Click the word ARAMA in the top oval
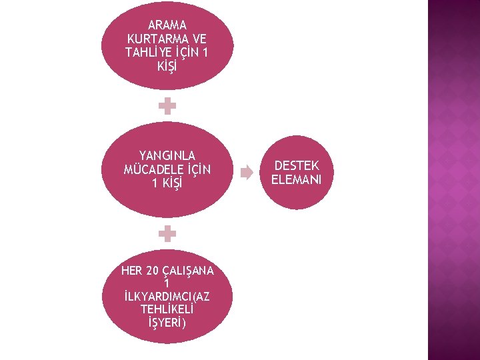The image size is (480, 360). pyautogui.click(x=167, y=25)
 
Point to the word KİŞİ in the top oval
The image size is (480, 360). pyautogui.click(x=167, y=65)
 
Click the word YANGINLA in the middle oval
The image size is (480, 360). pyautogui.click(x=167, y=156)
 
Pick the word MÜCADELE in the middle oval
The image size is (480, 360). pyautogui.click(x=151, y=169)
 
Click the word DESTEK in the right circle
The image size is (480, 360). pyautogui.click(x=297, y=165)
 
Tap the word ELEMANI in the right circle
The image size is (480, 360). pyautogui.click(x=297, y=179)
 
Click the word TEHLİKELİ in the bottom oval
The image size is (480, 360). pyautogui.click(x=167, y=310)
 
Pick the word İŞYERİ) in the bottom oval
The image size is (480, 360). pyautogui.click(x=167, y=323)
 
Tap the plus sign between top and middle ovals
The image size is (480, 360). pyautogui.click(x=167, y=105)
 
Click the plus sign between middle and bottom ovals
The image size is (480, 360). pyautogui.click(x=167, y=233)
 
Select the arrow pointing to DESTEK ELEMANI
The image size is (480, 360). pyautogui.click(x=247, y=173)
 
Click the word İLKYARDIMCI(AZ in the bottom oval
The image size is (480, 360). pyautogui.click(x=167, y=297)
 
